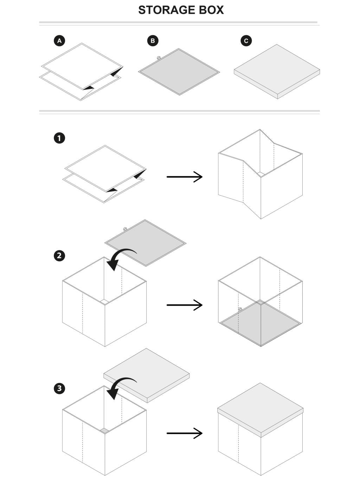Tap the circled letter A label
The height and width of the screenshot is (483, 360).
59,41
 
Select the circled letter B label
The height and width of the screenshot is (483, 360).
153,41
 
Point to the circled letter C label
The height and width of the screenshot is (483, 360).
246,41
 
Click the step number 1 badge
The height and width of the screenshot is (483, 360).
59,138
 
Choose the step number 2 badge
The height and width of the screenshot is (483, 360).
59,255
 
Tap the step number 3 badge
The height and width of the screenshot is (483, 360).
59,388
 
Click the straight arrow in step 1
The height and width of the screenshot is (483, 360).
185,177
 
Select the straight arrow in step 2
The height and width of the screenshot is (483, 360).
185,305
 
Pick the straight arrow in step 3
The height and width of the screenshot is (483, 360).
185,433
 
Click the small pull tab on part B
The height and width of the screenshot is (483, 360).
159,57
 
